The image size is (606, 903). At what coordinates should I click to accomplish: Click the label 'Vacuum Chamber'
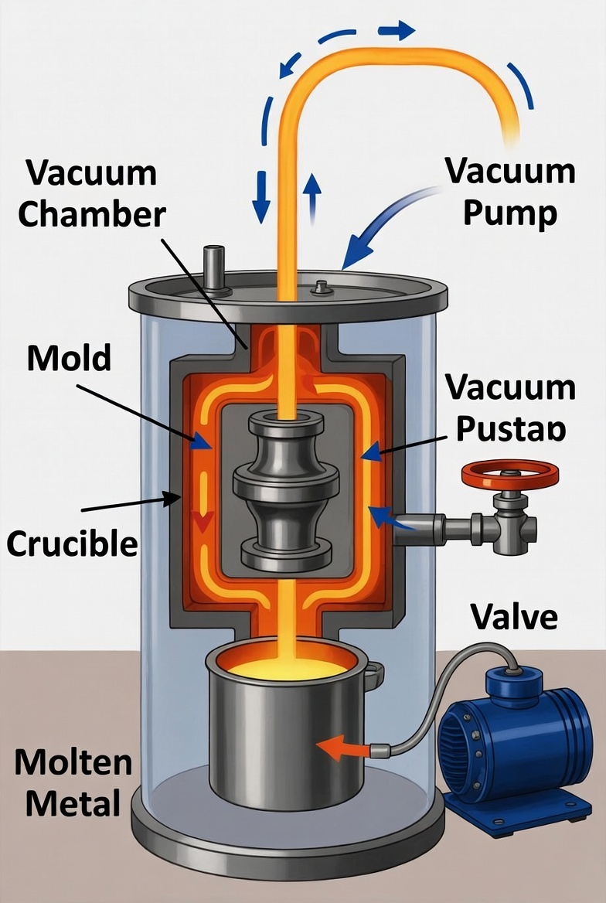pos(91,193)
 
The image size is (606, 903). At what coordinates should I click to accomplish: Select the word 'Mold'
pos(69,358)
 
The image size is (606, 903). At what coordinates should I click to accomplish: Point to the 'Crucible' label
pos(73,544)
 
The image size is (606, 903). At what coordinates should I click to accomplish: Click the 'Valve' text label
pos(513,616)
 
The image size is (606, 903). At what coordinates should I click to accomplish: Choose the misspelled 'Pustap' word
pos(510,429)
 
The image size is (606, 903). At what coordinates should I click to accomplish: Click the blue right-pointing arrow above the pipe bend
pos(396,31)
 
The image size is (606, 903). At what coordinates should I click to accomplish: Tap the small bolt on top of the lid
pos(319,288)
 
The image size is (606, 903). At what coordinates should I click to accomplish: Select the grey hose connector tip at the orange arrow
pos(380,748)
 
